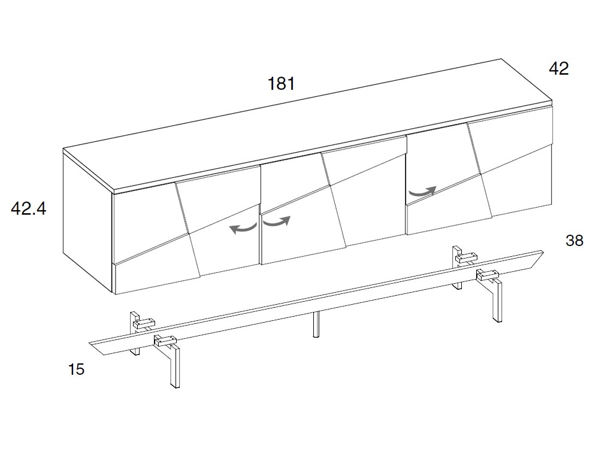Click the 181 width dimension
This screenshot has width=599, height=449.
pos(281,84)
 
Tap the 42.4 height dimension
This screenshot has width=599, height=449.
pos(29,208)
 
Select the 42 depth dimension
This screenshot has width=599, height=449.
pos(558,69)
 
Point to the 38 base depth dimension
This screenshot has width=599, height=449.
pos(574,241)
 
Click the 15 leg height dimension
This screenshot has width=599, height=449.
pos(77,369)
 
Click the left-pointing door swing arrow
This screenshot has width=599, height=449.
pos(243,228)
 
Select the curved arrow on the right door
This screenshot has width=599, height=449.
pos(422,192)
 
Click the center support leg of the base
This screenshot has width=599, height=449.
pos(316,324)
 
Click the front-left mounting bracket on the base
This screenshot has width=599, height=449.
pos(165,340)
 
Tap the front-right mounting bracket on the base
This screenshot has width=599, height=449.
pos(488,275)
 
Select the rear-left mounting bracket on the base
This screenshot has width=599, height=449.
pos(144,323)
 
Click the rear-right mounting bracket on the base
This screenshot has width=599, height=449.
pos(467,257)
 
